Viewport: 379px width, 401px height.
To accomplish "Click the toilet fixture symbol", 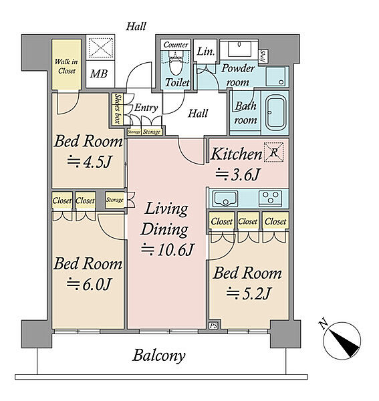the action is click(x=176, y=63).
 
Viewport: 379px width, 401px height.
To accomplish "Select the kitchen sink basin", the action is click(x=226, y=198).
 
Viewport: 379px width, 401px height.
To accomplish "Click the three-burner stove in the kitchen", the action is click(x=270, y=198).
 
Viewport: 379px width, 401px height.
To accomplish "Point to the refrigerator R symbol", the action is click(x=273, y=152).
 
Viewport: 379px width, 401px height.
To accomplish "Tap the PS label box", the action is click(x=213, y=326).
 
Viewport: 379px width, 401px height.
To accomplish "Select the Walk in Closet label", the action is click(x=66, y=66).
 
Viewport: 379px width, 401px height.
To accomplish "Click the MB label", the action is click(x=98, y=74).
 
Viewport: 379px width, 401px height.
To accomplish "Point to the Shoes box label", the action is click(x=118, y=109).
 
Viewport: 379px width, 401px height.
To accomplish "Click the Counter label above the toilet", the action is click(x=176, y=45).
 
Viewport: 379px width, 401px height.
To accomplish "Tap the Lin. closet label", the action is click(x=205, y=51).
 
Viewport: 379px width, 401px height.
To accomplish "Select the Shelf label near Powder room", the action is click(x=263, y=55).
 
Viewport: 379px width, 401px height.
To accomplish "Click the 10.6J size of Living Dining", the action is click(x=168, y=249).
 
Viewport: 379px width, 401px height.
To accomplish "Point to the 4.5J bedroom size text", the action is click(x=90, y=161).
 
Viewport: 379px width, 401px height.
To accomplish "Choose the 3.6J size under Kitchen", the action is click(x=237, y=174).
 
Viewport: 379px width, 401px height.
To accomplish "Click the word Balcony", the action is click(x=159, y=356).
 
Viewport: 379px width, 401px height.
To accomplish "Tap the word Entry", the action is click(x=146, y=108).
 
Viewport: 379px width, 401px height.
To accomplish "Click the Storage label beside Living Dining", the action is click(x=114, y=200).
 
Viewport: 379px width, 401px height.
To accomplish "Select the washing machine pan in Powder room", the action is click(x=275, y=76).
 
